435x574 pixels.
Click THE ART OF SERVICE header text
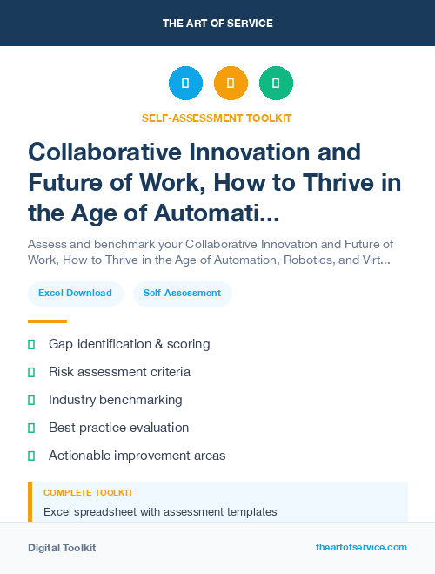click(217, 24)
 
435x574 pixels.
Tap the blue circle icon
click(185, 84)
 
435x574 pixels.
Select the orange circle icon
click(231, 84)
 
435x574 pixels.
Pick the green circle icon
click(276, 84)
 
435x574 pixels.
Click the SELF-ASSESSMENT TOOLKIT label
click(217, 118)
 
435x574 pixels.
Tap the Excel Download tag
click(75, 293)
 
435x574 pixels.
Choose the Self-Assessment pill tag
click(183, 293)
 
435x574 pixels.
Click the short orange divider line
click(47, 321)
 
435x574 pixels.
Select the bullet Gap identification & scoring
click(129, 344)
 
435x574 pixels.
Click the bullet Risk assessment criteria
click(119, 372)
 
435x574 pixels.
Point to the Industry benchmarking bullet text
click(115, 400)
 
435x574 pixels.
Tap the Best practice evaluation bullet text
click(118, 428)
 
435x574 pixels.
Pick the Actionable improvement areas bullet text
click(137, 456)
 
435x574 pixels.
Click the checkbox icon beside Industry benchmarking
click(31, 400)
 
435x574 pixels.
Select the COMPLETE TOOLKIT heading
click(88, 493)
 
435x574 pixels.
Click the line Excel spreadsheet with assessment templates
click(160, 511)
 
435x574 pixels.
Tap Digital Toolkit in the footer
click(62, 548)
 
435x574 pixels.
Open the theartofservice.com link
click(361, 547)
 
